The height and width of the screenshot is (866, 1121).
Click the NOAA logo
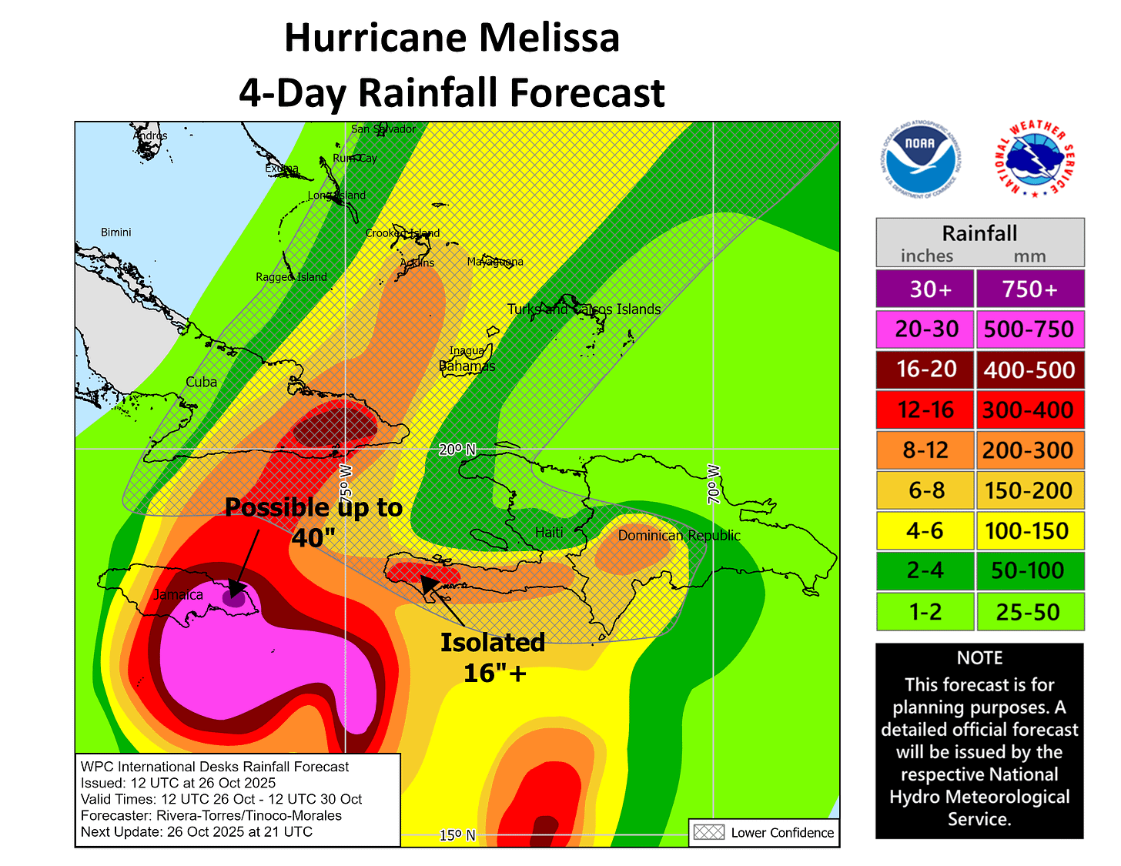click(x=919, y=159)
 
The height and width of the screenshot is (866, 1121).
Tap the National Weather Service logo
click(x=1034, y=159)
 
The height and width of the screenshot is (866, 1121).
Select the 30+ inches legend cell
click(x=925, y=289)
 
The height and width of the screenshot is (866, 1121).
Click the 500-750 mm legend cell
click(x=1029, y=329)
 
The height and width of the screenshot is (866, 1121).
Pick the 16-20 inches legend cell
click(x=925, y=369)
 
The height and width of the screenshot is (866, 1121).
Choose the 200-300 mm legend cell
click(x=1029, y=450)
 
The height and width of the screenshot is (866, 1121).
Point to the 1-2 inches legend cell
click(x=925, y=612)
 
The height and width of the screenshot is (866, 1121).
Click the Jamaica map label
click(x=178, y=594)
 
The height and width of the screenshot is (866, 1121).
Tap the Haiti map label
click(x=549, y=532)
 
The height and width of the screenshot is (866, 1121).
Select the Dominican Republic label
click(x=679, y=535)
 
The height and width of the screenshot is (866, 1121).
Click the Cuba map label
click(x=201, y=382)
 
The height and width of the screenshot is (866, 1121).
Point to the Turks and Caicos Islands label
click(x=584, y=309)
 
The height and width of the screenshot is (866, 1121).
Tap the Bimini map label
click(x=115, y=232)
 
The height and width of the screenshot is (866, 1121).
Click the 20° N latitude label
click(x=457, y=450)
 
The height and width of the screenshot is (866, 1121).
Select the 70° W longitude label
click(x=714, y=484)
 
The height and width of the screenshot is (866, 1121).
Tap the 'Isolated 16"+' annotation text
click(x=493, y=657)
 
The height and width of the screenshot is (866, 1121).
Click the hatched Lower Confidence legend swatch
click(x=708, y=832)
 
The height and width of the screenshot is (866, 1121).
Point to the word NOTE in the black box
click(x=979, y=658)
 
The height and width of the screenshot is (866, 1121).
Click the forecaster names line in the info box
click(x=211, y=815)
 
